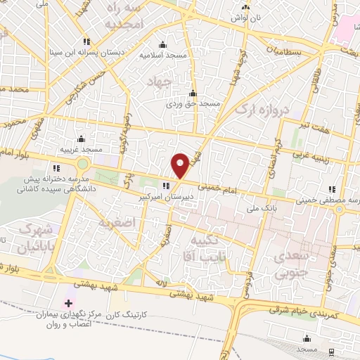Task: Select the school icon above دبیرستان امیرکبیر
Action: pyautogui.click(x=166, y=186)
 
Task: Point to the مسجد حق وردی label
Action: pyautogui.click(x=199, y=103)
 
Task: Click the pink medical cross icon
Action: pyautogui.click(x=68, y=304)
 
